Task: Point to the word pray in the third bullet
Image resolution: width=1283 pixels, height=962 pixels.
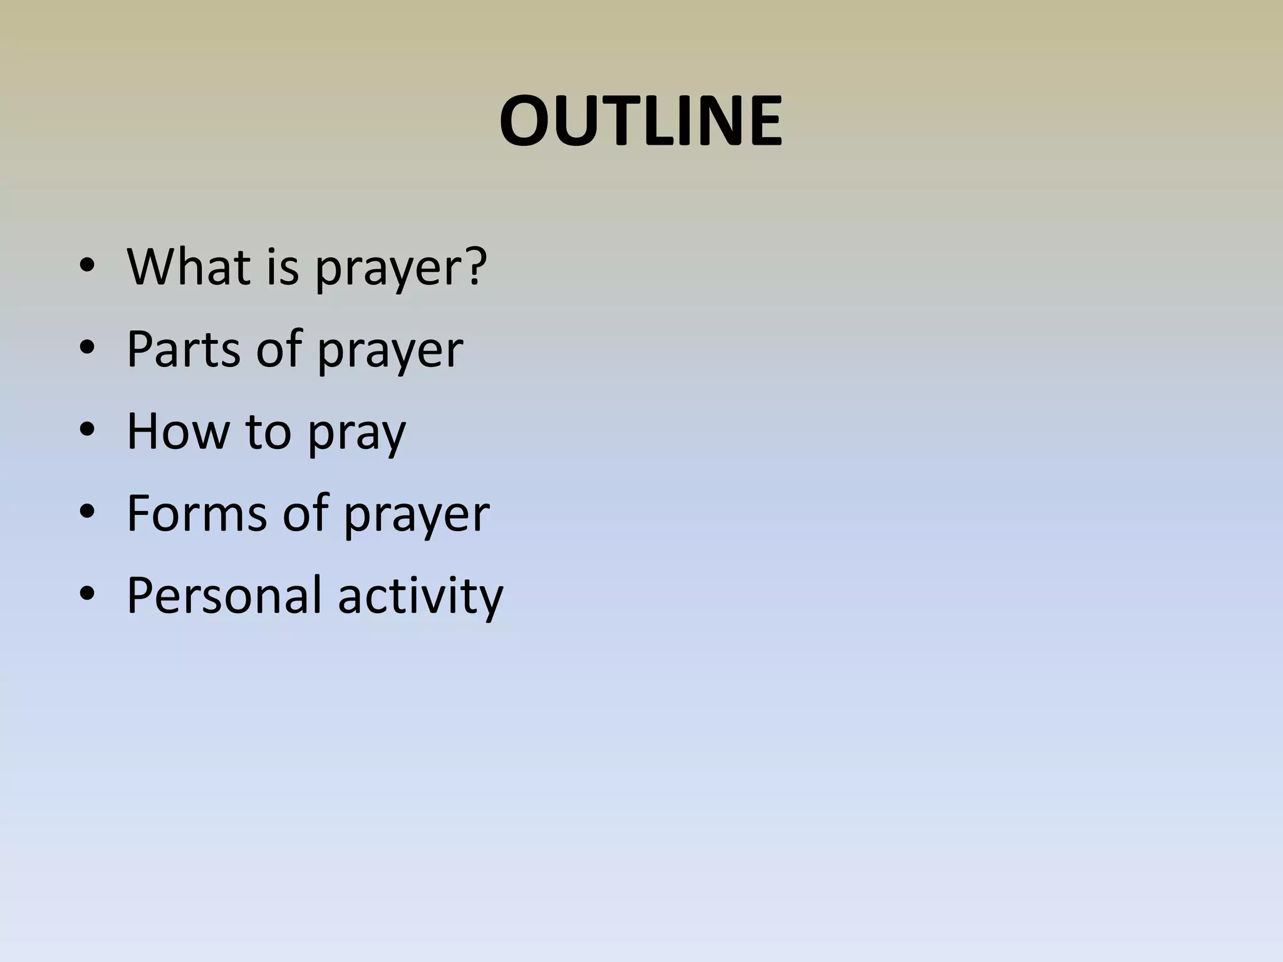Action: (x=356, y=434)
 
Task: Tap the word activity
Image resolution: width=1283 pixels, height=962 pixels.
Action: (x=420, y=596)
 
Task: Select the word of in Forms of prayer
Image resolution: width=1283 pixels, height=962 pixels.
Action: (x=306, y=513)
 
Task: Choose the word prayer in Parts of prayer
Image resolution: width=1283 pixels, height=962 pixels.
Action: (x=390, y=351)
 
